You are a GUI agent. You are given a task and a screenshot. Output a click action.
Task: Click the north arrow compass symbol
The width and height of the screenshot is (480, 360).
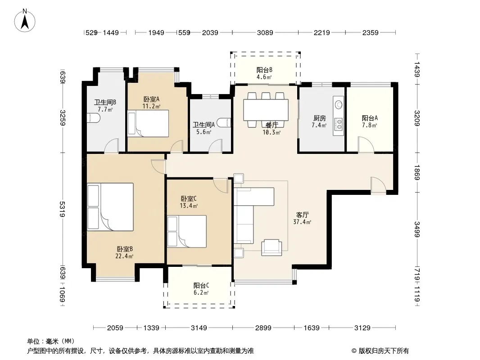pos(25,21)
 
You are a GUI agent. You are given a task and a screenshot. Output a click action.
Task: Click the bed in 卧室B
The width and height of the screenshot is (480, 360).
pos(110,207)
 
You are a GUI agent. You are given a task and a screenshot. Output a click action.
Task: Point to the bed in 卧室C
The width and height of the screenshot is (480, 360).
pos(187,232)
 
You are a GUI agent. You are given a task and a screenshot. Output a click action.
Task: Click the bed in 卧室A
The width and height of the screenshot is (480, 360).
pos(148,123)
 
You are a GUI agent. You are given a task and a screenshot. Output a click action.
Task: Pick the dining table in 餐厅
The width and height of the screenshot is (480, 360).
pos(266,110)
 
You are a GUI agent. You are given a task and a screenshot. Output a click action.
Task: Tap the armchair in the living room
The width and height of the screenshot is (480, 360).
pos(272,247)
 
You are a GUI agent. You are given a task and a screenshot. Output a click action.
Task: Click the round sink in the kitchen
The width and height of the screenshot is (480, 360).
pos(339,104)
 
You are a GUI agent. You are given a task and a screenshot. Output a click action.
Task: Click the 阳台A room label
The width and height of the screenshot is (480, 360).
pos(370,118)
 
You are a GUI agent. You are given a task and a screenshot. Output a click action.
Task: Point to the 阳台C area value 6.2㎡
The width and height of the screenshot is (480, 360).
pos(201,292)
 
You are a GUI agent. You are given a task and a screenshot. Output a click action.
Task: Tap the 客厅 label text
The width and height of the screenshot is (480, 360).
pos(302,215)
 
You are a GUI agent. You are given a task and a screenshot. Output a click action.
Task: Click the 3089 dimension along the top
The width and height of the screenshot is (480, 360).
pos(265,32)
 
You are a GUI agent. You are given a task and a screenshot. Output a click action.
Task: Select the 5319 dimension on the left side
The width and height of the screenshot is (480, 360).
pos(63,209)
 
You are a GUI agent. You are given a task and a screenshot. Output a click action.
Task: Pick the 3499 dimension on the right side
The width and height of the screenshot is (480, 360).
pos(417,229)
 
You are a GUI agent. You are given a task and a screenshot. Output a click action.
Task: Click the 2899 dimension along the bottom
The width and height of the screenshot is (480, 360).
pos(263,328)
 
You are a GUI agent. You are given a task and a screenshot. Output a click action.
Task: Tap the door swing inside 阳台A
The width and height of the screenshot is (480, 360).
pos(366,144)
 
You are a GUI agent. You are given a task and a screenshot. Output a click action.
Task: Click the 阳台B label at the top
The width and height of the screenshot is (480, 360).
pos(264,70)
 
